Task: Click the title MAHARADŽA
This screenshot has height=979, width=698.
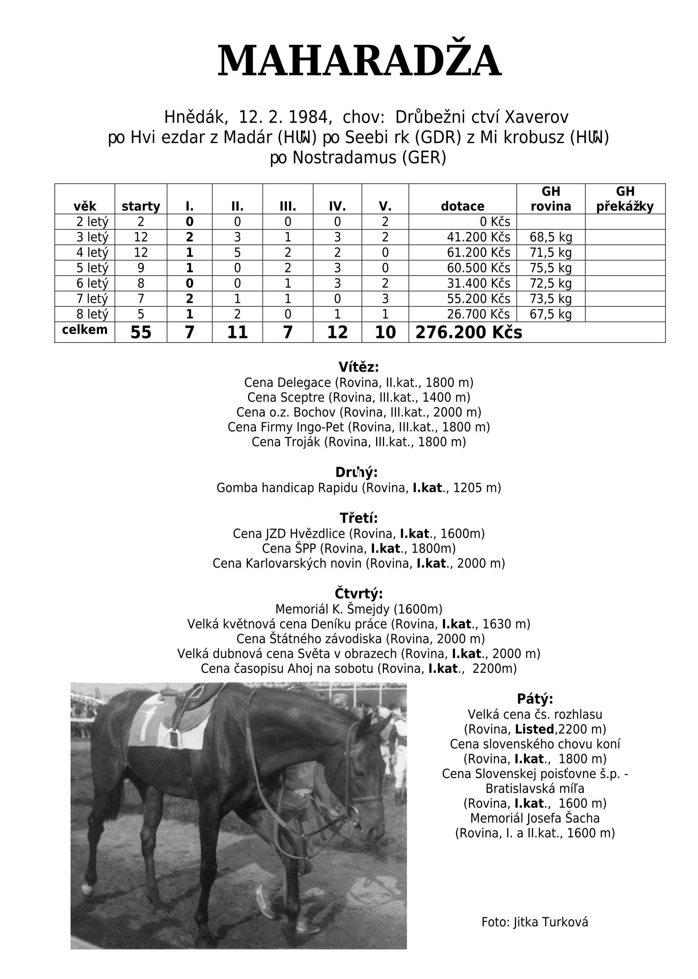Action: point(359,61)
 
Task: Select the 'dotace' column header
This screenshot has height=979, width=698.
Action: point(463,206)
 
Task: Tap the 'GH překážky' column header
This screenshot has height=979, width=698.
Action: point(625,199)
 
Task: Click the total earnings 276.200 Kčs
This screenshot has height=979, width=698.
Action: point(468,332)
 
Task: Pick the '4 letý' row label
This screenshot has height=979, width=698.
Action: point(92,252)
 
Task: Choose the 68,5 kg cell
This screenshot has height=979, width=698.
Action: point(551,237)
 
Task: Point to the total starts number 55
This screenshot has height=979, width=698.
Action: point(141,332)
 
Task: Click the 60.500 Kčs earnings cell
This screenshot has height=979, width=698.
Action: point(478,268)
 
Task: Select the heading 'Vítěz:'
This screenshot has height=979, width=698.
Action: point(359,367)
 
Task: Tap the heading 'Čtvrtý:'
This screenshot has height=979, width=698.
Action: point(359,594)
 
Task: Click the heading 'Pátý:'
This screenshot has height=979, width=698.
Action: point(535,699)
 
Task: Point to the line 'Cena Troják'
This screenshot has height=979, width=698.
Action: point(359,442)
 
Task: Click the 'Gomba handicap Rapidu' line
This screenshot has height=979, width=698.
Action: point(359,488)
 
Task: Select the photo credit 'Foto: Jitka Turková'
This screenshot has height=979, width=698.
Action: point(535,922)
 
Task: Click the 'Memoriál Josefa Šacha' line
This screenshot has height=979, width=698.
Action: point(535,818)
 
